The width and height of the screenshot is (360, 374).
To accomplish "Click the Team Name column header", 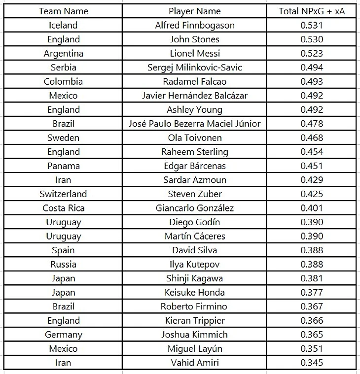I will click(63, 11).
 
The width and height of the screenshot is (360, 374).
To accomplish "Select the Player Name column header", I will click(194, 11).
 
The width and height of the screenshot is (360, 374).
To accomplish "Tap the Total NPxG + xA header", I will click(311, 11).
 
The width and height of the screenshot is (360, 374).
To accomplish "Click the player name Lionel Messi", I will click(194, 53).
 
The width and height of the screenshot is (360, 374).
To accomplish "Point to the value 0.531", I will click(311, 25).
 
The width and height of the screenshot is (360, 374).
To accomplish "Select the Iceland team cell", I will click(63, 25).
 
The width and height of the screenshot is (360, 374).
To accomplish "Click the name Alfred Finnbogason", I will click(194, 25).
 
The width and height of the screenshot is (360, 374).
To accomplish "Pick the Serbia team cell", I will click(63, 68).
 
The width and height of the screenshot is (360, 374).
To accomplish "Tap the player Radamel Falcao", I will click(194, 81).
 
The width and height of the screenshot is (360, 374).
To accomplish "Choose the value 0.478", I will click(311, 124).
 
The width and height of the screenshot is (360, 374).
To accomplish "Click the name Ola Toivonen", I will click(194, 137).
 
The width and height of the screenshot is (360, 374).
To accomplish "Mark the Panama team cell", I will click(63, 166).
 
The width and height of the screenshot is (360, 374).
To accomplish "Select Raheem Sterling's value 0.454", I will click(311, 152).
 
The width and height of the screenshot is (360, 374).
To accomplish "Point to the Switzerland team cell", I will click(63, 194).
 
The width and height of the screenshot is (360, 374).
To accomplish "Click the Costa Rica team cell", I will click(63, 208).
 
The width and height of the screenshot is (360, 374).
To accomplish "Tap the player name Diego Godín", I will click(194, 222).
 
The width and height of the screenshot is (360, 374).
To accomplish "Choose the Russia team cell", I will click(63, 264).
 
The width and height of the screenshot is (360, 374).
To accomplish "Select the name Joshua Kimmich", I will click(194, 335).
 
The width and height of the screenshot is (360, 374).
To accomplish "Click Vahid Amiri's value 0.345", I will click(311, 363).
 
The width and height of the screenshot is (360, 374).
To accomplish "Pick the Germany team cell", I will click(63, 335).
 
